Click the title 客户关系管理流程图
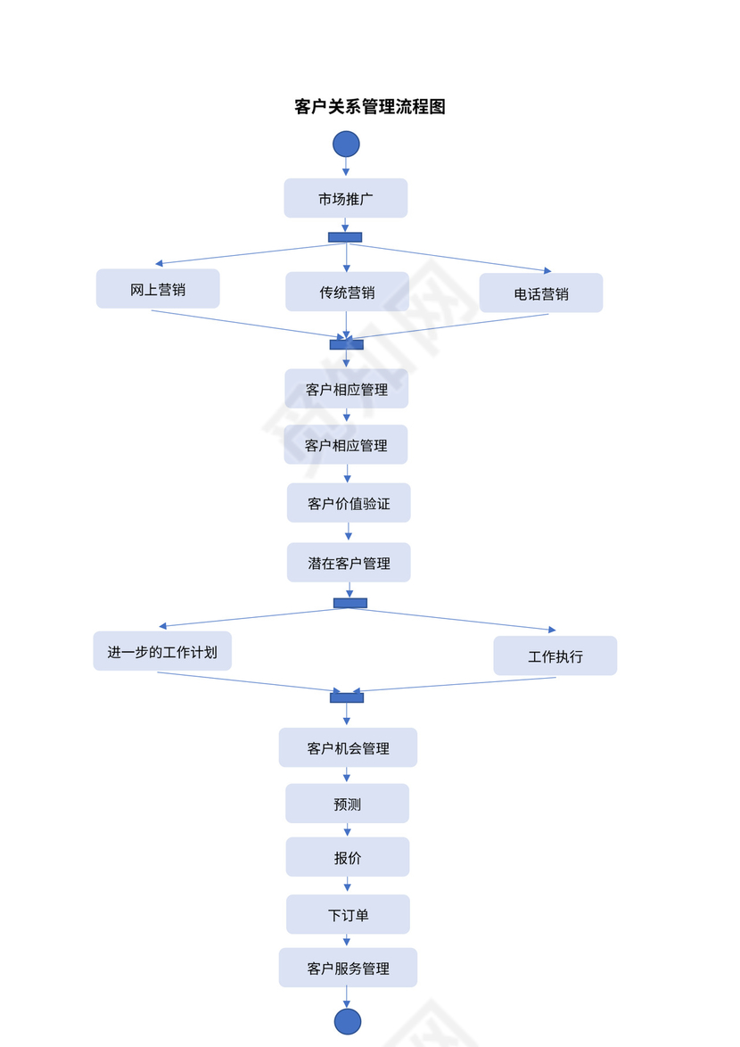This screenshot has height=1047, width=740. coord(370,107)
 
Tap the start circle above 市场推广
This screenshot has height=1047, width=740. coord(346,144)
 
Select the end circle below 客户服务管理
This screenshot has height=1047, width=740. coord(348,1022)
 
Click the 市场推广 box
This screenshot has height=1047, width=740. coord(346,198)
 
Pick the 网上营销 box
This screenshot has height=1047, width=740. coord(158,289)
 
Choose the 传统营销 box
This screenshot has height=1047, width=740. coord(347,292)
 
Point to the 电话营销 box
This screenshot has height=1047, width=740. coord(541,293)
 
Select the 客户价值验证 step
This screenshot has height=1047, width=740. coord(349,503)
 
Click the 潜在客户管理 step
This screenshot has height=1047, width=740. coord(349,563)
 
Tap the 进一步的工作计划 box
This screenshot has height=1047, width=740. coord(162,651)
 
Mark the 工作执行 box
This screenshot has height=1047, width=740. coord(555,655)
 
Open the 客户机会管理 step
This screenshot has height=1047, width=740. coord(348,747)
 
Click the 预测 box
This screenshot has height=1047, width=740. coord(347,804)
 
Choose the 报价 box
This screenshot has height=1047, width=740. coord(348,857)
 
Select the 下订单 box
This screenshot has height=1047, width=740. coord(348,914)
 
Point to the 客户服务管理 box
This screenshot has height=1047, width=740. coord(348,968)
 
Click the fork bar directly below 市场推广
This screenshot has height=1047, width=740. coord(345,237)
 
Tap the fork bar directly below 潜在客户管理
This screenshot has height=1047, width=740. coord(350,603)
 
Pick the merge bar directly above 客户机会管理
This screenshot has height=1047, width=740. coord(347,697)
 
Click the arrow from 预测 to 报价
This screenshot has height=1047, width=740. coord(348,829)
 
